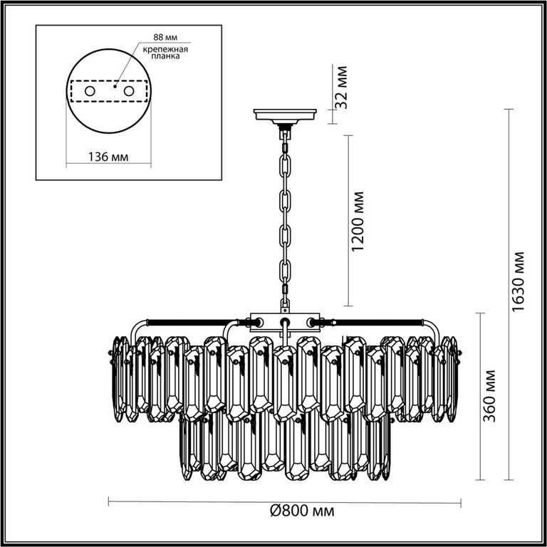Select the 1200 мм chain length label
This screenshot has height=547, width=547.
358,222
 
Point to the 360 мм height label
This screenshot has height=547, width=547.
490,395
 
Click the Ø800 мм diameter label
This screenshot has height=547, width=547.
302,511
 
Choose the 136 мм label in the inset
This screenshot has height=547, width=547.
108,157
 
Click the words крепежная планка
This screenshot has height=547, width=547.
165,52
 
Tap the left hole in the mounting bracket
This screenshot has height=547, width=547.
90,91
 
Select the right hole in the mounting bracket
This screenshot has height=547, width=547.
129,91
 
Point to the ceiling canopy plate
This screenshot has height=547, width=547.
285,115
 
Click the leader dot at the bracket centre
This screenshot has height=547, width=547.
115,85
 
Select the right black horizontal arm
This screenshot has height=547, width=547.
377,321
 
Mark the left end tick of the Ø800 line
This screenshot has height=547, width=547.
109,502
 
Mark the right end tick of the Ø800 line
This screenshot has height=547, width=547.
461,503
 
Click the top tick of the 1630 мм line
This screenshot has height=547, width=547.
509,110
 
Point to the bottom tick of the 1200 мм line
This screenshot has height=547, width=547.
348,306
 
